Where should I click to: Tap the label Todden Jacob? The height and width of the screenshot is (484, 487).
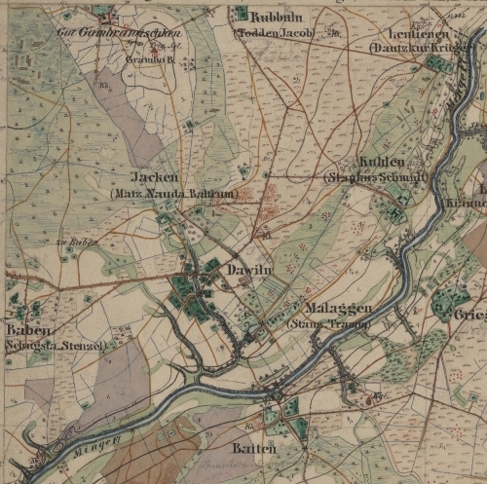(x=277, y=31)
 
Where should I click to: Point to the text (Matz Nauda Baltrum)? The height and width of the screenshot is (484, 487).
(x=184, y=194)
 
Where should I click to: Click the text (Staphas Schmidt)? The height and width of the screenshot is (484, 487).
(x=375, y=177)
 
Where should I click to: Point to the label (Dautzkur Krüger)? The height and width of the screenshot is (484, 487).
(x=408, y=47)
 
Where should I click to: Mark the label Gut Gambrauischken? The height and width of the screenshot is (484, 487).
(x=108, y=32)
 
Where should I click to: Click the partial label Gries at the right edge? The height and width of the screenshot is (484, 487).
(x=471, y=315)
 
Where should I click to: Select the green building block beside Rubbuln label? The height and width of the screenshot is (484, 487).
(x=241, y=14)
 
